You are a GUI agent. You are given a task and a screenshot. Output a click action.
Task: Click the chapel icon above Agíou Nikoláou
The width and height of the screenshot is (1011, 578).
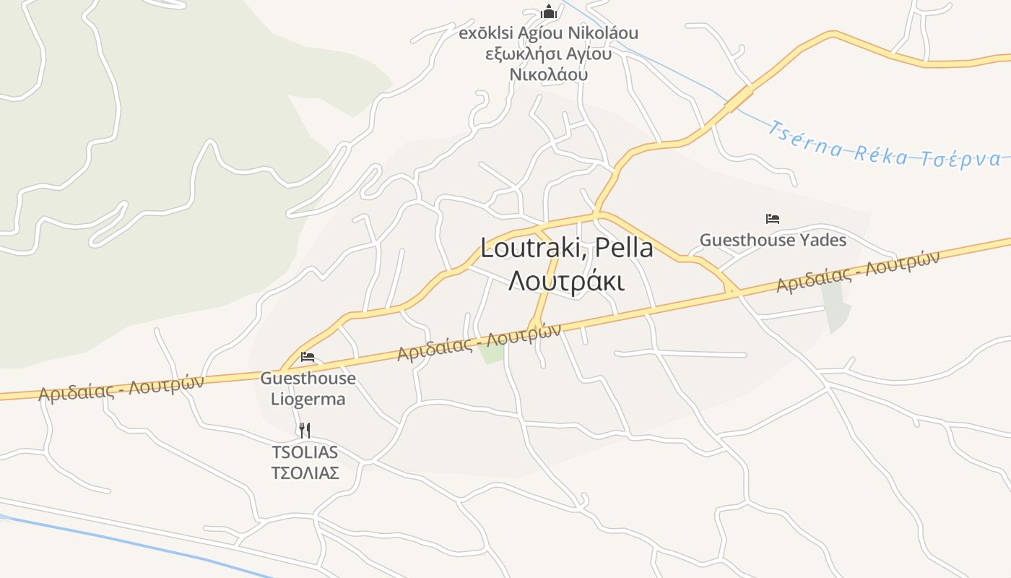(x=549, y=12)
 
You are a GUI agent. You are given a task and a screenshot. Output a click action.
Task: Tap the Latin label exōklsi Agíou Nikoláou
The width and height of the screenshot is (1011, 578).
(x=549, y=33)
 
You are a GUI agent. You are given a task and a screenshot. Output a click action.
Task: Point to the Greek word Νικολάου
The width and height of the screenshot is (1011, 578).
(x=549, y=74)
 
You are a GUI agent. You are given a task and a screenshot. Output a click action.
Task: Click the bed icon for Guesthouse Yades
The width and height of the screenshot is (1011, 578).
(x=773, y=218)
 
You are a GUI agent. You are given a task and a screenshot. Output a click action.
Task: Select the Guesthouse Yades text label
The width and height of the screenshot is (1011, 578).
(x=773, y=240)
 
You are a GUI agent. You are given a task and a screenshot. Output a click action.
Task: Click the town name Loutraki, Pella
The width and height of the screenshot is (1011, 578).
(x=567, y=249)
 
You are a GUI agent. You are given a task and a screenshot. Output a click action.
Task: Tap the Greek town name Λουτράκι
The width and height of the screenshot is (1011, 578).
(x=567, y=281)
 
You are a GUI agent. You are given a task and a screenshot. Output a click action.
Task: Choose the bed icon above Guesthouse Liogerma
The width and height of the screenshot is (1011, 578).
(x=308, y=357)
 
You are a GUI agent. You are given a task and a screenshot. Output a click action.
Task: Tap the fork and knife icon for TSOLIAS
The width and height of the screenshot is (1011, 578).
(x=305, y=431)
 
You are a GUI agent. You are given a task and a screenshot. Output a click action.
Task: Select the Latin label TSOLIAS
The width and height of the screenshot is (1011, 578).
(x=305, y=452)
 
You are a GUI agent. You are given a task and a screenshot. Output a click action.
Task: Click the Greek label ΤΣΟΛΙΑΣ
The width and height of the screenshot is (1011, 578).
(x=305, y=473)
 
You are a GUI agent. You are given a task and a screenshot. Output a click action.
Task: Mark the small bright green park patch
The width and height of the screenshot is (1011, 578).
(x=492, y=352)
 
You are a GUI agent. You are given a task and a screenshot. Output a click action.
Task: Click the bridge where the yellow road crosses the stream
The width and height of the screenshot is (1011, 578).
(x=738, y=100)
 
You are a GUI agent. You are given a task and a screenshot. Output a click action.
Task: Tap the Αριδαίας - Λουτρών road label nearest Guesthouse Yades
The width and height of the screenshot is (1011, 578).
(x=857, y=272)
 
